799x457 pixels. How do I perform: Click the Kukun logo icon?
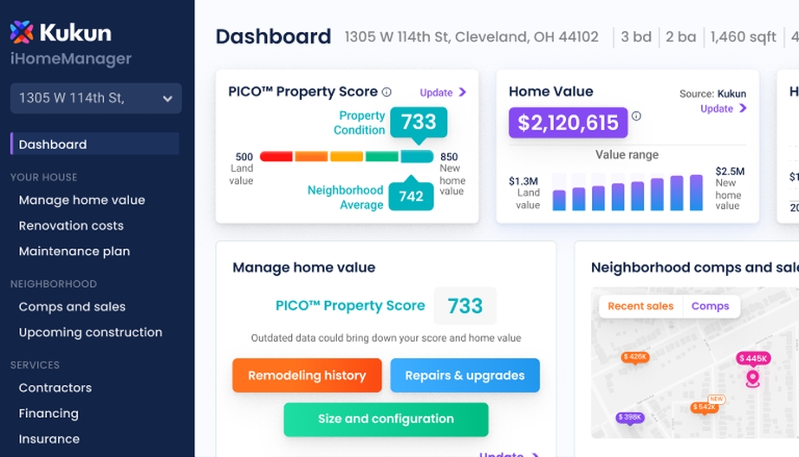[x=22, y=33]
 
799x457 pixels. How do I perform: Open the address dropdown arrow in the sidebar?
[x=167, y=99]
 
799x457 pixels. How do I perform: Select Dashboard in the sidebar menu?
[x=53, y=145]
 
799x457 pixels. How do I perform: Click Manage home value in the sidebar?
[x=81, y=200]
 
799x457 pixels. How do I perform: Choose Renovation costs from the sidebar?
[x=71, y=225]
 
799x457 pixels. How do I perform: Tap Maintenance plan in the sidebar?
[x=75, y=251]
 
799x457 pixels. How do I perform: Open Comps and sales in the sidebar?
[x=72, y=307]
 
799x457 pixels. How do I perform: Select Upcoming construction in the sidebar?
[x=90, y=332]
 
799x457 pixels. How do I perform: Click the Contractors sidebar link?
[x=55, y=388]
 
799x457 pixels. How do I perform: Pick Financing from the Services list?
[x=49, y=414]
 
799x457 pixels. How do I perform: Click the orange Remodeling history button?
[x=307, y=375]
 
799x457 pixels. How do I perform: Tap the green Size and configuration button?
[x=386, y=419]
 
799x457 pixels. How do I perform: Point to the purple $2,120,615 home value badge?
[x=568, y=123]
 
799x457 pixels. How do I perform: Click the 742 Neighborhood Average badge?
[x=411, y=196]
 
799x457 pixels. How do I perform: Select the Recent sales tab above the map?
[x=640, y=306]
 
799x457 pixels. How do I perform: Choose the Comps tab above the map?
[x=710, y=306]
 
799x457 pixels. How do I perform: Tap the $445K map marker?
[x=752, y=358]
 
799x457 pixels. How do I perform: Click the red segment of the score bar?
[x=276, y=157]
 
